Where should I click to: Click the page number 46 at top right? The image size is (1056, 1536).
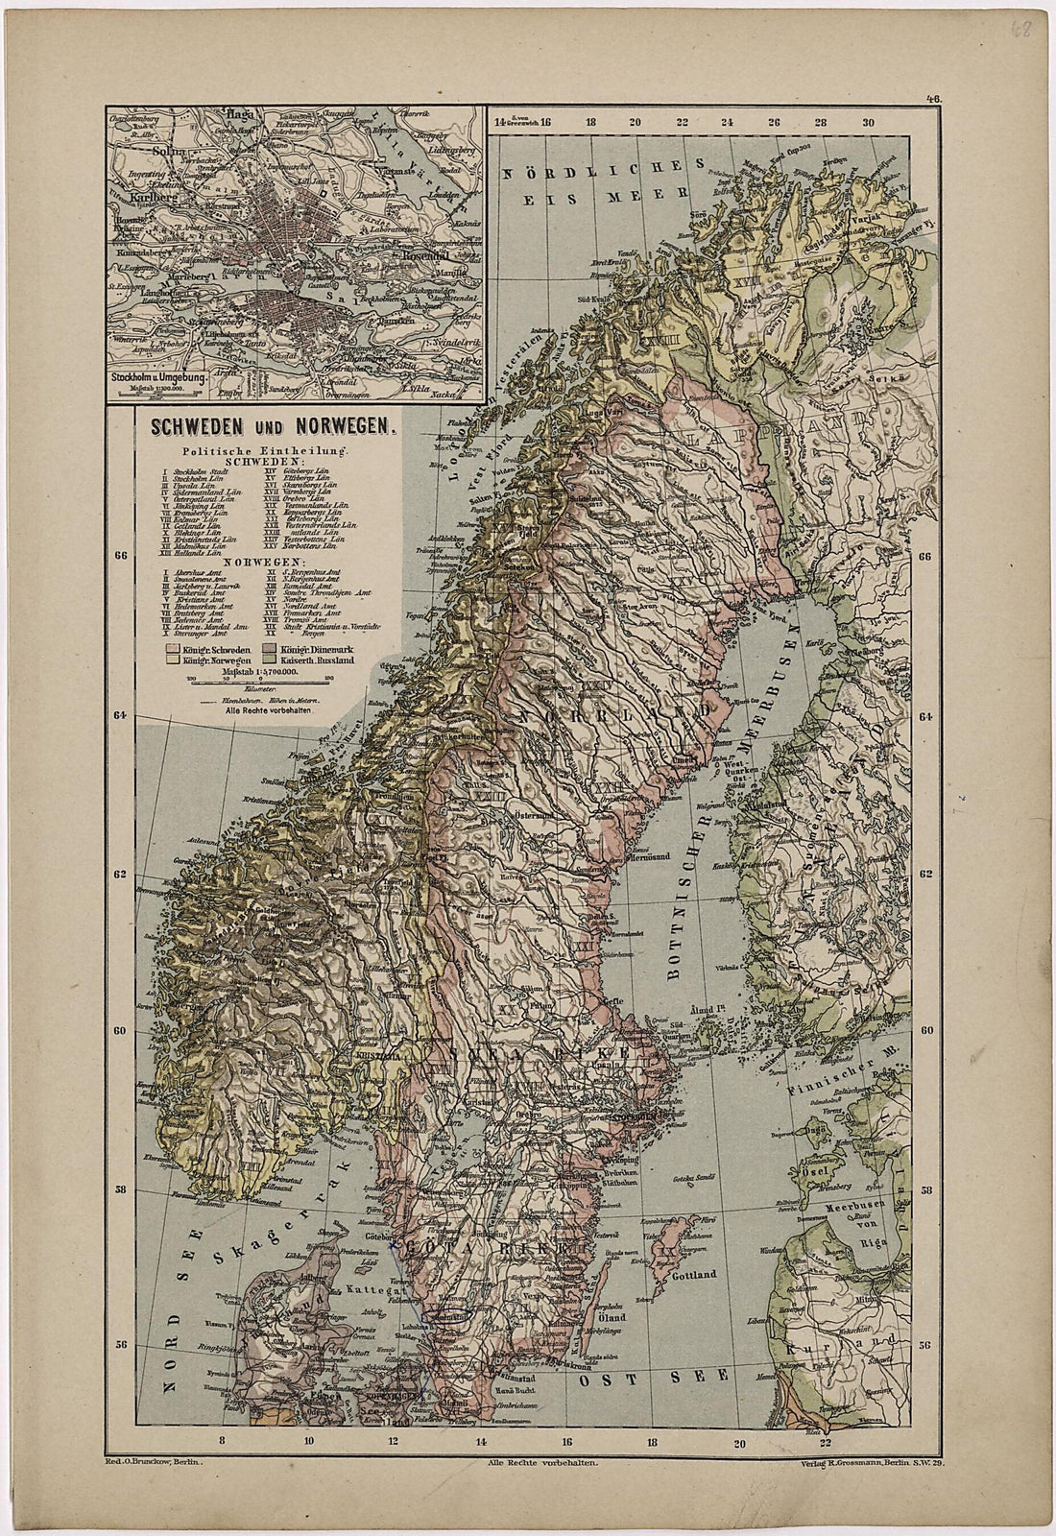click(x=931, y=98)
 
